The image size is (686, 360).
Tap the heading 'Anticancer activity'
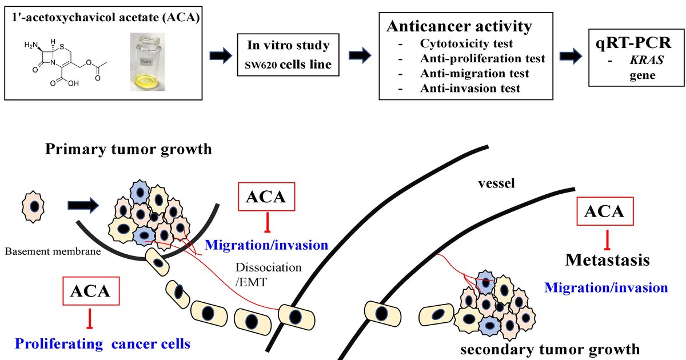click(x=460, y=26)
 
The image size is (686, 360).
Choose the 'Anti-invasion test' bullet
click(x=470, y=88)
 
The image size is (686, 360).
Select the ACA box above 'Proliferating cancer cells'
click(x=90, y=291)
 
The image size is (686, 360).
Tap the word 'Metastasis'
click(x=608, y=260)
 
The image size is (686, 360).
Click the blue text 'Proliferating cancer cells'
click(x=102, y=344)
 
